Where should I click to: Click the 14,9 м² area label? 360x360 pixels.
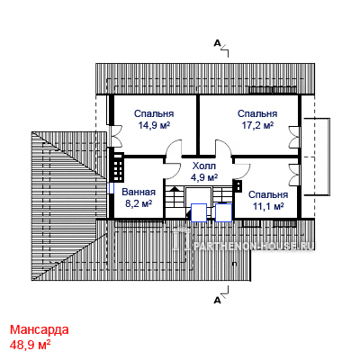click(154, 125)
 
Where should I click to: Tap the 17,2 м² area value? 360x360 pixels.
click(257, 125)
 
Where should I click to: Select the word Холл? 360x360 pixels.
click(204, 166)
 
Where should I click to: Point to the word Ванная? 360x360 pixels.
click(139, 192)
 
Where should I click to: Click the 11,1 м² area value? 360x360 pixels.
click(268, 206)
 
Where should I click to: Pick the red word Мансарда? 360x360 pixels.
click(40, 329)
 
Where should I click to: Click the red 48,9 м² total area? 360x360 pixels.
click(30, 345)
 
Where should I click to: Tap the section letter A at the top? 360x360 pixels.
click(217, 44)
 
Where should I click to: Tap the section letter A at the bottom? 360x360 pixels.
click(218, 300)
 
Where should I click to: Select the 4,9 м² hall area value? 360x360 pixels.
click(204, 177)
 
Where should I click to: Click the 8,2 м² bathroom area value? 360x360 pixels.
click(139, 203)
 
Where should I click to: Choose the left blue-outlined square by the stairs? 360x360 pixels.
click(199, 212)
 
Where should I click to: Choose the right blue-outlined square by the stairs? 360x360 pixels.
click(223, 212)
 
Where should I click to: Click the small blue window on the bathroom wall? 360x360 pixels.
click(112, 188)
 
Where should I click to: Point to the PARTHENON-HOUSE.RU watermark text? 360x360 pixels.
click(254, 245)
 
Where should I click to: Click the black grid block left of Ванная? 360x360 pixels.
click(118, 167)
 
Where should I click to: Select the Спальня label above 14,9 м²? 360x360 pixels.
click(154, 113)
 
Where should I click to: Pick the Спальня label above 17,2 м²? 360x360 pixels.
click(257, 113)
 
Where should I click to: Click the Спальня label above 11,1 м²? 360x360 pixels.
click(268, 194)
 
